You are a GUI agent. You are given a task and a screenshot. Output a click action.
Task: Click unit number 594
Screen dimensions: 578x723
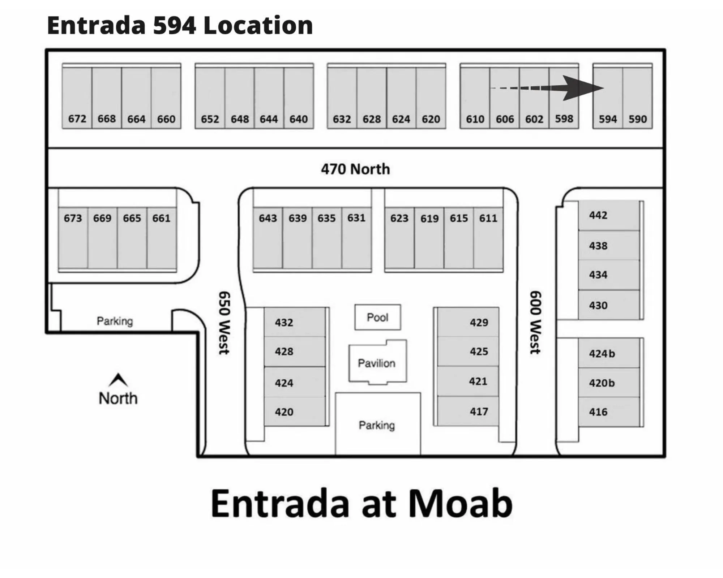coord(608,119)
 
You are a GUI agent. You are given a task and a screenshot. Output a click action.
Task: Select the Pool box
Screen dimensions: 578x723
coord(377,317)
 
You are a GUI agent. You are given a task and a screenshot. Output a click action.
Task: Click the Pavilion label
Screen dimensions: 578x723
coord(377,363)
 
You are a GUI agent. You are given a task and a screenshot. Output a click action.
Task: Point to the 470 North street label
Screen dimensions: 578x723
coord(355,169)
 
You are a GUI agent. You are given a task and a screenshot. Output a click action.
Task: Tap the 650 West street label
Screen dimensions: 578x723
coord(224,323)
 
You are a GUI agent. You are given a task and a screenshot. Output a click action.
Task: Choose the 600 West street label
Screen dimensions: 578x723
coord(535,322)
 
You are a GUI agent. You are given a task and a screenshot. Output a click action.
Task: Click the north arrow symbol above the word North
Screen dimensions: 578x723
coord(118,380)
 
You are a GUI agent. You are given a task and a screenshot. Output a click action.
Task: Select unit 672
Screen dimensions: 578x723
coord(77,119)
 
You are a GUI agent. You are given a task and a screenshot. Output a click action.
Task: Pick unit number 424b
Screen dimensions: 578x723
coord(602,353)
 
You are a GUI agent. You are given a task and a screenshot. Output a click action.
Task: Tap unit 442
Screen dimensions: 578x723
coord(598,215)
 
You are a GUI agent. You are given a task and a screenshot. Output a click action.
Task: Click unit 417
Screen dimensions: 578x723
coord(479,411)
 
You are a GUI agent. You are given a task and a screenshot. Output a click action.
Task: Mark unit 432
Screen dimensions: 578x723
coord(284,322)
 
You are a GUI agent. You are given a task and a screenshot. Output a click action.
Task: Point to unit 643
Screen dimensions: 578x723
coord(268,218)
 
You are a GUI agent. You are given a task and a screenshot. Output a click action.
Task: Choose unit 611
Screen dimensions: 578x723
coord(488,218)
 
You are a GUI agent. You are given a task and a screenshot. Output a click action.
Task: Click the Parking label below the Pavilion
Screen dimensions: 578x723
coord(377,425)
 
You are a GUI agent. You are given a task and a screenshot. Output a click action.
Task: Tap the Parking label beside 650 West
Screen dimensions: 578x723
coord(115,321)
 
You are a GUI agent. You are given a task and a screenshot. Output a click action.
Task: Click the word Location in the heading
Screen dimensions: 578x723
coord(258,25)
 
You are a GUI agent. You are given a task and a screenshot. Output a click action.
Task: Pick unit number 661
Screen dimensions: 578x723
coord(161,218)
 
